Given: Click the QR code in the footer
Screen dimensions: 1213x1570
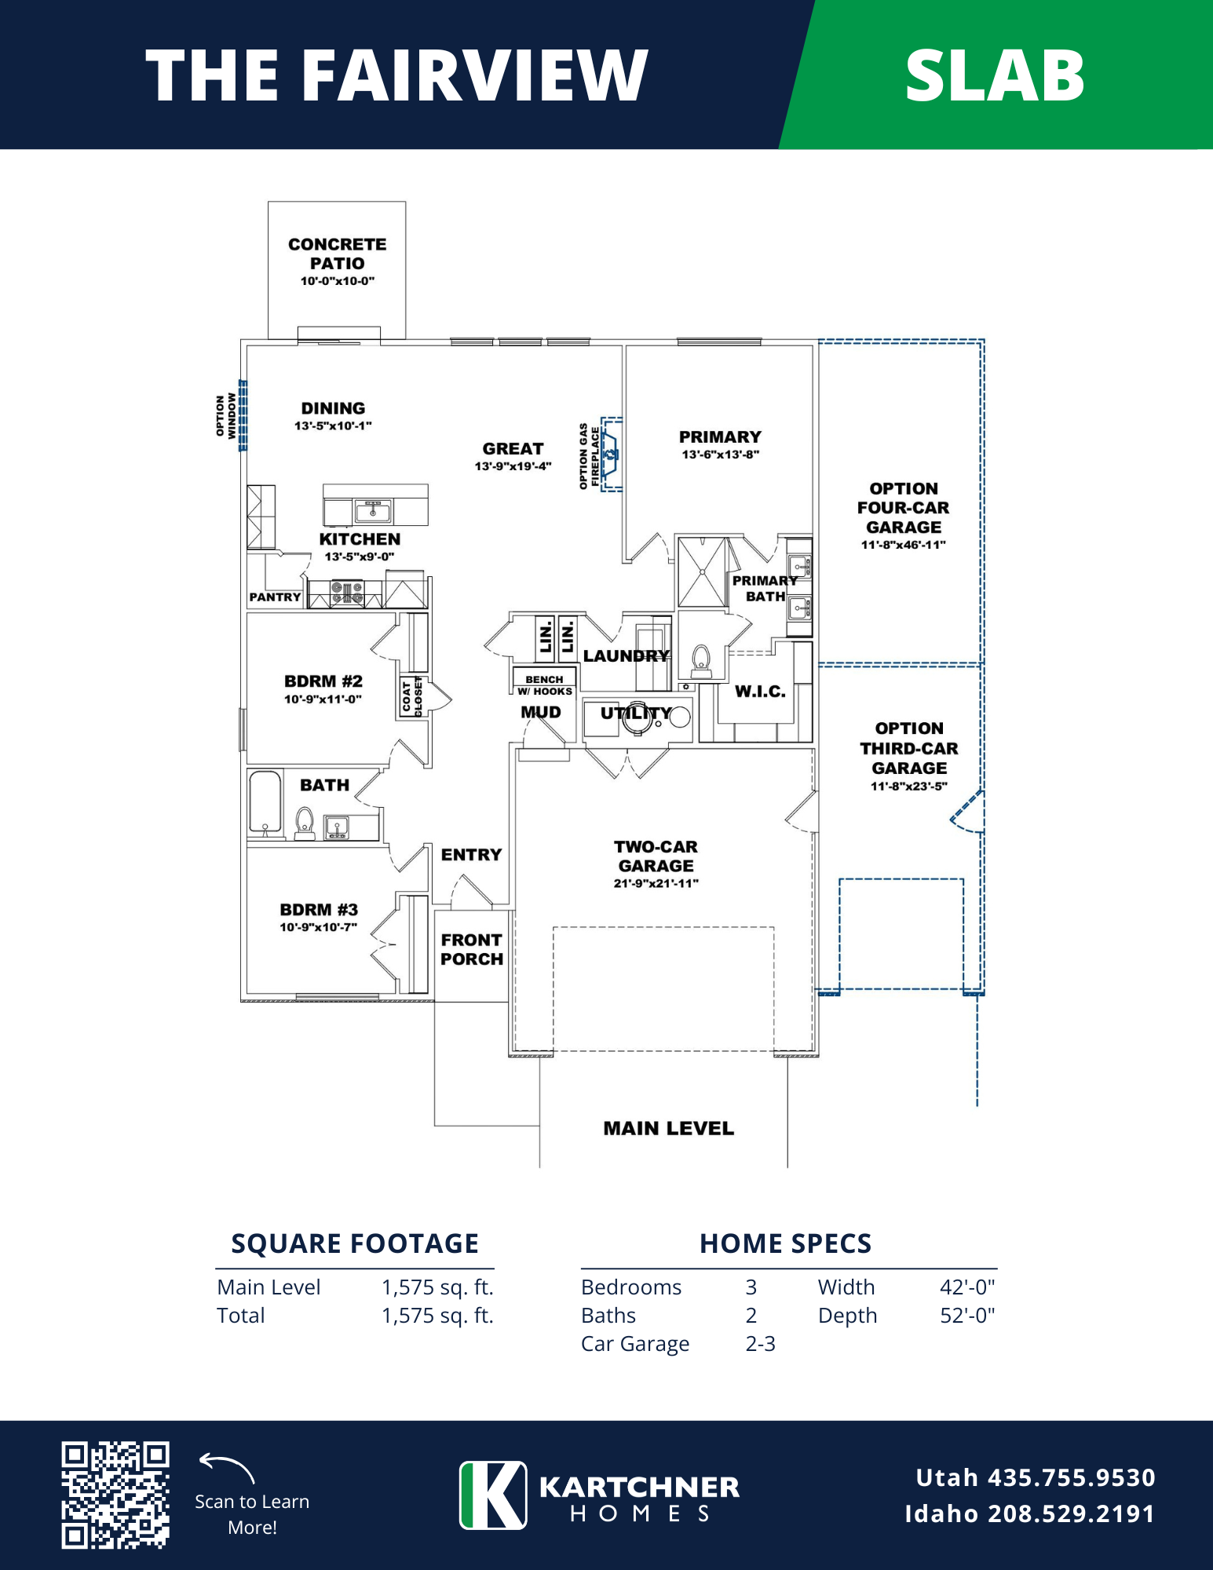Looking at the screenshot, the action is pos(115,1495).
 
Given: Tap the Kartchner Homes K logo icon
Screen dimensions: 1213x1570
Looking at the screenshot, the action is pos(493,1495).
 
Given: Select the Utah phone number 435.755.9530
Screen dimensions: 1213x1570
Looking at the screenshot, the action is pos(1072,1477).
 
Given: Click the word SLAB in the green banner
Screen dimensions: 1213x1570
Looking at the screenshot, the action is pos(995,75).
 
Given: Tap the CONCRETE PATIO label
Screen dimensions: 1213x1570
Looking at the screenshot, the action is pos(337,254).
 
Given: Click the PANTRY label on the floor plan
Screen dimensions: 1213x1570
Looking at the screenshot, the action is pos(275,597).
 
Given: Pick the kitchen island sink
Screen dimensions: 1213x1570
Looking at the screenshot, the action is pos(374,512).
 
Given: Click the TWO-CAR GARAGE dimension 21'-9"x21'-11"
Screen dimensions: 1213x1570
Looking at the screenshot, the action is pos(656,883).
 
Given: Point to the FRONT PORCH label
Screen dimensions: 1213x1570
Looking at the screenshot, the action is pos(471,949).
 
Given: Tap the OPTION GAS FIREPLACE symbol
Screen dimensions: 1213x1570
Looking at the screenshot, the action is pos(611,454).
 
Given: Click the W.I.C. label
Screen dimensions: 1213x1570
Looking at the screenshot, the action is pos(760,692).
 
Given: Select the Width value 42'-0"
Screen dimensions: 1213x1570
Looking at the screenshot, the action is pos(967,1287).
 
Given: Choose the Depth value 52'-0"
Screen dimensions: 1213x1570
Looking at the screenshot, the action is pos(967,1316).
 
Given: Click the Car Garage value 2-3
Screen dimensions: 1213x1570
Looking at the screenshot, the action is pos(760,1344).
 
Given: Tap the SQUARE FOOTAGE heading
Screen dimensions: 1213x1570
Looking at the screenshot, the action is pos(355,1243).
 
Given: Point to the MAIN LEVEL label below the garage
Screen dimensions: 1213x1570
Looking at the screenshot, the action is pos(669,1128).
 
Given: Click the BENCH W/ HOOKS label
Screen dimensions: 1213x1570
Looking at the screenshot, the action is pos(545,685).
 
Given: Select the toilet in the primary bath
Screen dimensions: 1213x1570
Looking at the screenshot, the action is pos(701,660).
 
